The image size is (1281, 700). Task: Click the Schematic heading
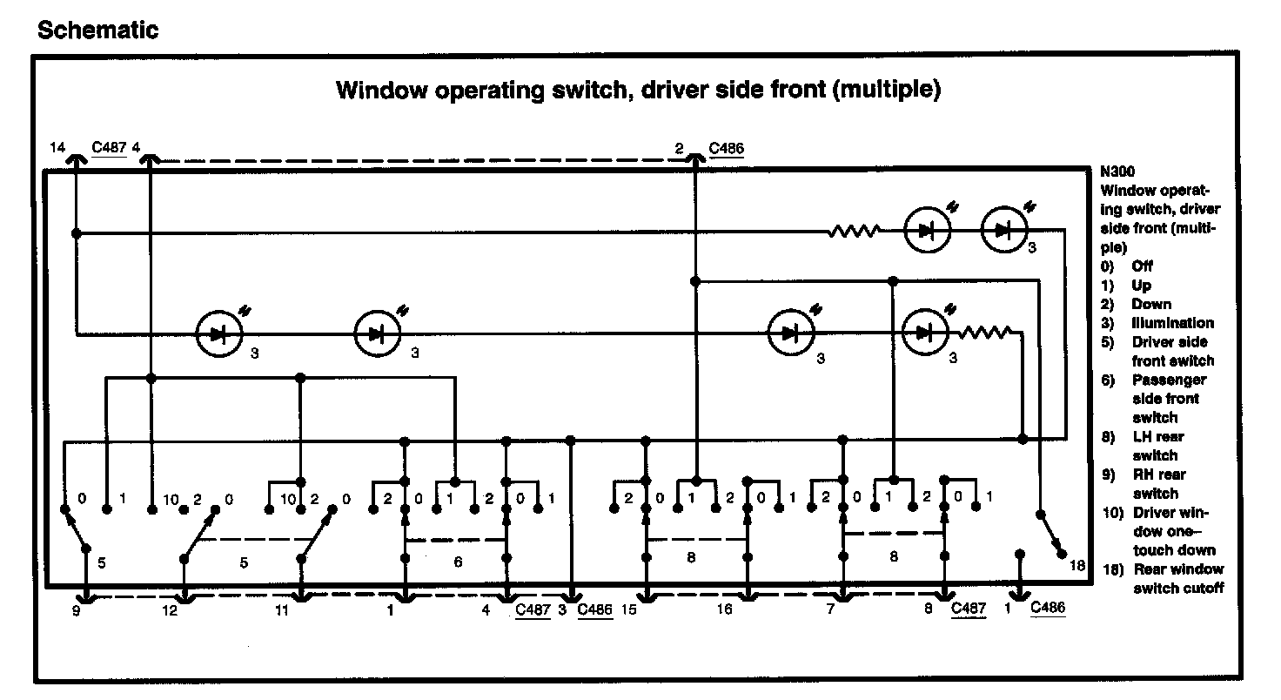click(98, 30)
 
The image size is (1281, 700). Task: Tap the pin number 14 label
click(57, 148)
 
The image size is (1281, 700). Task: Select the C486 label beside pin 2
click(726, 148)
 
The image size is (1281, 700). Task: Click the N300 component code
click(1117, 172)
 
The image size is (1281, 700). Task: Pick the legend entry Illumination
click(1172, 323)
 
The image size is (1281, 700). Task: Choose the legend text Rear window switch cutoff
click(1177, 579)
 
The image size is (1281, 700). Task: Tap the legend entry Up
click(1141, 286)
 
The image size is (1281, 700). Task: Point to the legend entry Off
click(1142, 266)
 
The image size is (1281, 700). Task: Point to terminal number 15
click(630, 609)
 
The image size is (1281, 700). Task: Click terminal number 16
click(724, 609)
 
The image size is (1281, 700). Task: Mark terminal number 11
click(281, 610)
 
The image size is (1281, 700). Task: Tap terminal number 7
click(830, 609)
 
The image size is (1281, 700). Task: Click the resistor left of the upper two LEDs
click(853, 232)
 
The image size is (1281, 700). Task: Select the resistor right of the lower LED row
click(985, 332)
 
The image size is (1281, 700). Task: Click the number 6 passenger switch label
click(458, 562)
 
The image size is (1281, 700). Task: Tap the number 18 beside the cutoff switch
click(1077, 567)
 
